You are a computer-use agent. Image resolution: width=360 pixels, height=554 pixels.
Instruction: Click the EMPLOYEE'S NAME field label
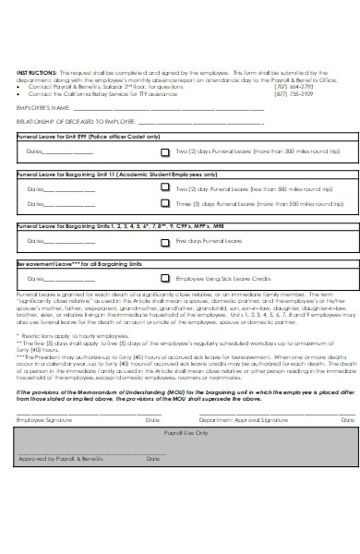pos(42,108)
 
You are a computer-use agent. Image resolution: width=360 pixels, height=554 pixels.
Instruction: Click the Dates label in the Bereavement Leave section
pos(36,277)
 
